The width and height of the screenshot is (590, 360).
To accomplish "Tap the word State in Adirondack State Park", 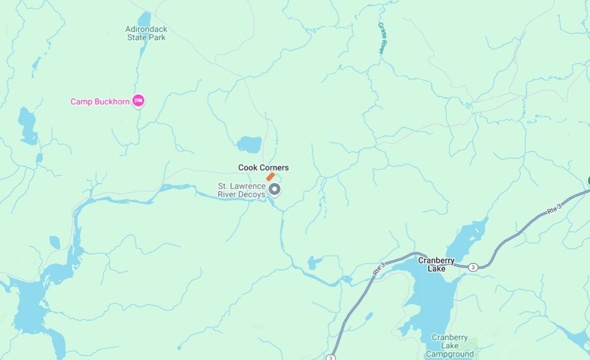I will click(x=137, y=37).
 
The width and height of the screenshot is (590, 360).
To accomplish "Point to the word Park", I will click(x=157, y=37).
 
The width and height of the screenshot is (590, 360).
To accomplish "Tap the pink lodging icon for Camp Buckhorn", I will click(x=138, y=100).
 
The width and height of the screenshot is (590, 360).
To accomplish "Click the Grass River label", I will click(x=382, y=38).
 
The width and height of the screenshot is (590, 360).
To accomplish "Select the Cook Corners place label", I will click(x=263, y=167).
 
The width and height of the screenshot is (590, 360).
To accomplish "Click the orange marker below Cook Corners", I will click(x=270, y=177).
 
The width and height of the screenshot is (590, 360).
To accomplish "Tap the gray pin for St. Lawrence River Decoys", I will click(x=274, y=189).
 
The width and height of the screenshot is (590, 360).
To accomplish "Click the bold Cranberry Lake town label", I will click(x=436, y=264).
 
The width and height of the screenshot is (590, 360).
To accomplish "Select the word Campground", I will click(x=450, y=354).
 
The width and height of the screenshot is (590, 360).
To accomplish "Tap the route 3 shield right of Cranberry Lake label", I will click(x=472, y=267).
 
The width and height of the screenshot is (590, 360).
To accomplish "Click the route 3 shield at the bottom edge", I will click(x=331, y=357).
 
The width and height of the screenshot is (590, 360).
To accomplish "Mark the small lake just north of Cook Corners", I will click(x=249, y=144).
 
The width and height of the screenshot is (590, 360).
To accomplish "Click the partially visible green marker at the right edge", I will click(x=588, y=181).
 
